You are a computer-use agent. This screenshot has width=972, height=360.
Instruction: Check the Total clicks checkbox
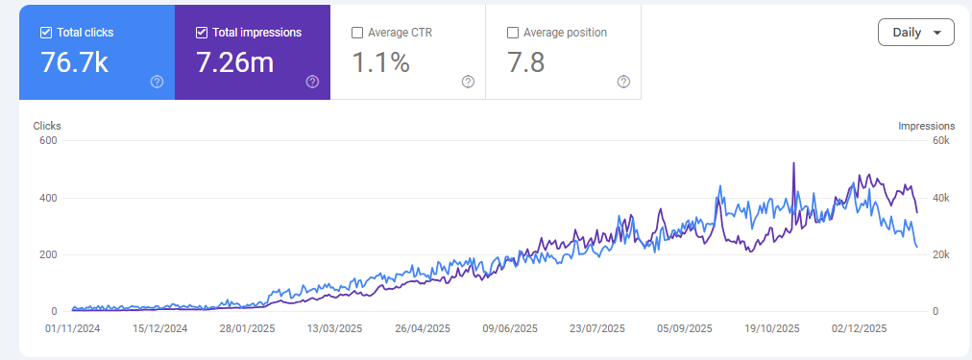coord(46,33)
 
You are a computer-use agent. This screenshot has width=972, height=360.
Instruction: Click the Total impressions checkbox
coord(202,33)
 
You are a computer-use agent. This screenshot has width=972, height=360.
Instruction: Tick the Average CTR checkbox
coord(357,33)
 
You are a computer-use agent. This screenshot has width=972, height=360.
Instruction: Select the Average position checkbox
coord(513,33)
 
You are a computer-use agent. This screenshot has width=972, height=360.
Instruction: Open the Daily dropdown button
coord(915,32)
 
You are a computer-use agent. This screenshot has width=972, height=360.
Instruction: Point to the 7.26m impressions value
coord(235,62)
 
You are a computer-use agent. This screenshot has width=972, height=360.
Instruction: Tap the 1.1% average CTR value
coord(380,62)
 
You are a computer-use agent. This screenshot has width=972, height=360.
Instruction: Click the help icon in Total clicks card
coord(157,82)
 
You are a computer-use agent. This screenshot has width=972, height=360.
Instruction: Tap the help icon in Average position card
coord(623,82)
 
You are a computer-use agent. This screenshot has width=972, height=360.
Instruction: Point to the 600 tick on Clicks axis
coord(48,141)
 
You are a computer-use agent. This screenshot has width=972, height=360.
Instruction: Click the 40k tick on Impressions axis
coord(942,198)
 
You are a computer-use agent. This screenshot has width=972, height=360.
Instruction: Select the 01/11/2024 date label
coord(73,328)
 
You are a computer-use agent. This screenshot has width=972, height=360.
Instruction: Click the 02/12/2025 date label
coord(859,328)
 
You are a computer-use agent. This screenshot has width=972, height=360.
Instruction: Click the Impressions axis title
coord(926,126)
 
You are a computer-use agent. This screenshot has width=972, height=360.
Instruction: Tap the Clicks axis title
coord(47,126)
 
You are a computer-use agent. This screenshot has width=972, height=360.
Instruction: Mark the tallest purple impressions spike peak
coord(793,164)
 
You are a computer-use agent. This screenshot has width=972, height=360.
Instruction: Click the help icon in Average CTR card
coord(468,82)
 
